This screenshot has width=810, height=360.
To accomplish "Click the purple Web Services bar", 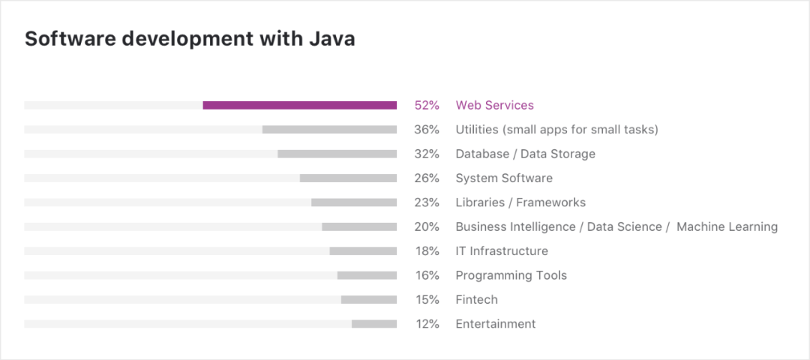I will [299, 106].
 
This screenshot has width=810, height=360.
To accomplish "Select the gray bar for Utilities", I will [329, 130].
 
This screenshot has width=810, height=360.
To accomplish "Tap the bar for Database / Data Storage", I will [337, 154].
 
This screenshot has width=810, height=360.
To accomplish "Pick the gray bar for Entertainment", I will [373, 324].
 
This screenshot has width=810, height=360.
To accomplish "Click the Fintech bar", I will [368, 299].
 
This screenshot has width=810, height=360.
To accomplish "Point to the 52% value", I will [427, 106].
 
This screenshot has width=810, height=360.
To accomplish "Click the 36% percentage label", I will [427, 130].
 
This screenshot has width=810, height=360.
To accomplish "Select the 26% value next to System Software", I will [427, 178].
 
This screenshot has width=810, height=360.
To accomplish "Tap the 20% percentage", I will [427, 226].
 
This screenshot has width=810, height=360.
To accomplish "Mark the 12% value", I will [427, 324].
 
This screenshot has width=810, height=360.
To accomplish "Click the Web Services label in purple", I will [494, 106].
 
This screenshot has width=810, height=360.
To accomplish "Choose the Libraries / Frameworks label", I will [520, 202].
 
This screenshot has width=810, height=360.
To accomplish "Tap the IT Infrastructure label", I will [502, 251].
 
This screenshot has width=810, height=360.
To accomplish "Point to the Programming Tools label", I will [511, 275].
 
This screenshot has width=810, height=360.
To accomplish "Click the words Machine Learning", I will [727, 226].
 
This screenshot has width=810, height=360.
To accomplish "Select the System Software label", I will [504, 178].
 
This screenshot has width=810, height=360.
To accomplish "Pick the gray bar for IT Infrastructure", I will [363, 251].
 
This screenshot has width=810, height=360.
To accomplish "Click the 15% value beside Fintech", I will [427, 299].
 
